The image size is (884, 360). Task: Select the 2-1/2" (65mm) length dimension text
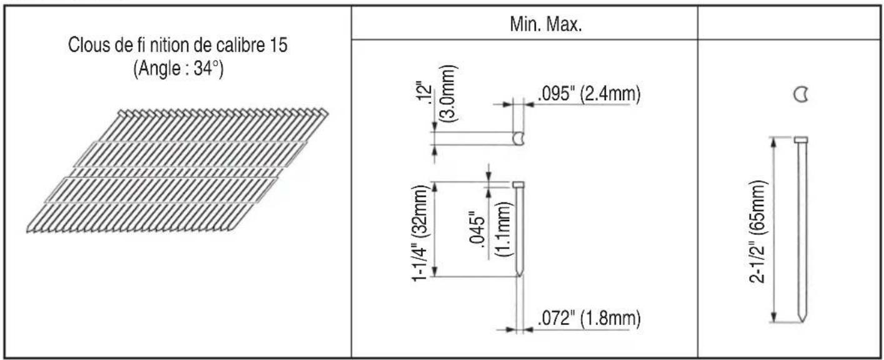[759, 230]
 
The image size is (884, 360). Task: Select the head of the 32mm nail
[519, 184]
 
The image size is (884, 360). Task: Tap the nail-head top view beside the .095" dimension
[518, 139]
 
